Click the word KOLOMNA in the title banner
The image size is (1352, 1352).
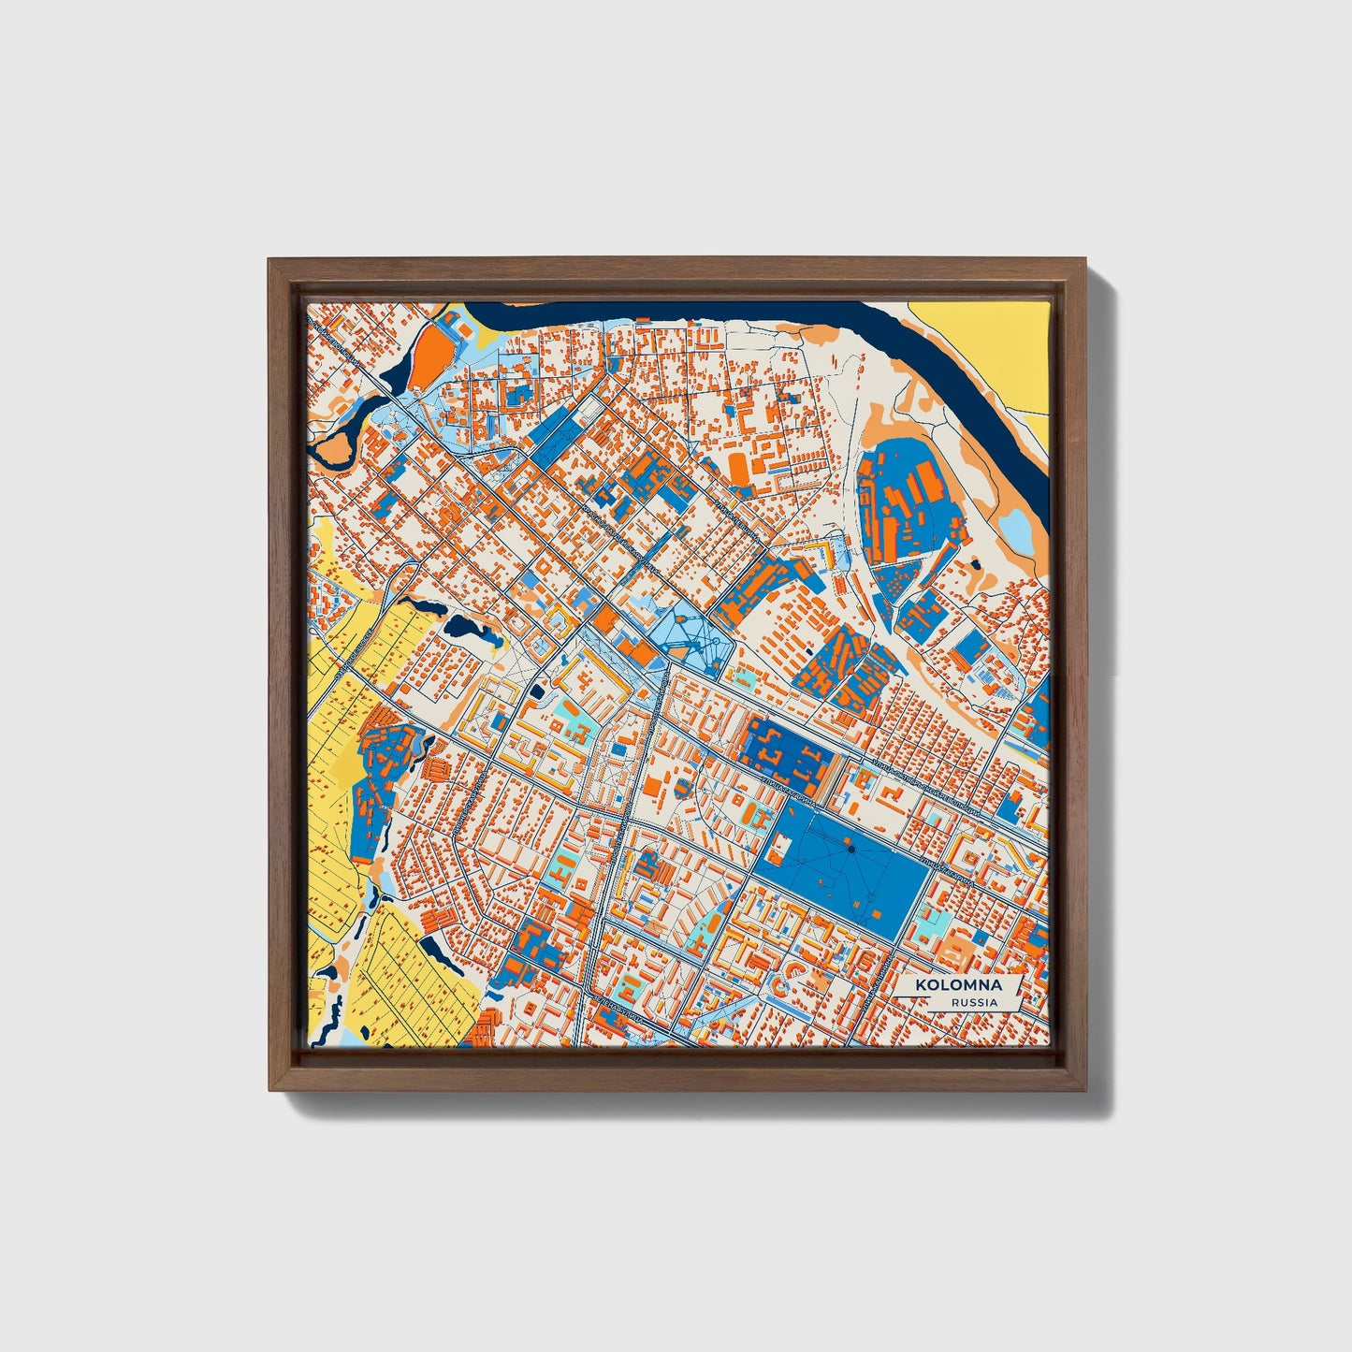click(958, 985)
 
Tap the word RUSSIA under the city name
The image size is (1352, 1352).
click(974, 1002)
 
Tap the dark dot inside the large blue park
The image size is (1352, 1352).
click(850, 849)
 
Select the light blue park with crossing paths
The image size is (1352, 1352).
click(688, 636)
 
